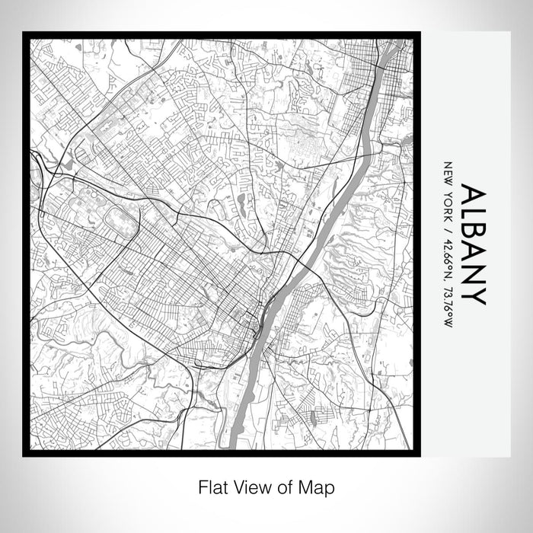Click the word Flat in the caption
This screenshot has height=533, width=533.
[x=210, y=486]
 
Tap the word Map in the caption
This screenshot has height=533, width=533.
[x=319, y=486]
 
